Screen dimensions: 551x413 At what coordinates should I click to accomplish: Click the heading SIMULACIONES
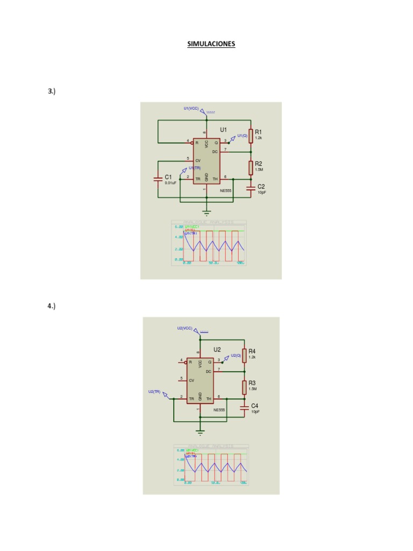click(211, 44)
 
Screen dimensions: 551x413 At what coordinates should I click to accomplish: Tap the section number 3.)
click(52, 91)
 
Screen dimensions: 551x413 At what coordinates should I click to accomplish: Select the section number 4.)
click(52, 306)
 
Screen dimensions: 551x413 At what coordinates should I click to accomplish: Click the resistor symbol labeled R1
click(251, 136)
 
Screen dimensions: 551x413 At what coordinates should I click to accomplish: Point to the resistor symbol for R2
click(251, 168)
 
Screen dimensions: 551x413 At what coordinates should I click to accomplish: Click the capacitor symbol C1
click(158, 179)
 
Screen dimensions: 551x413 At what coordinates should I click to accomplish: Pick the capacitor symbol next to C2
click(251, 188)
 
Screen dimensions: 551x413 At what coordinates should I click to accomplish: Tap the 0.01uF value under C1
click(170, 183)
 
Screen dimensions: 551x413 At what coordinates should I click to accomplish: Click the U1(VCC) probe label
click(191, 108)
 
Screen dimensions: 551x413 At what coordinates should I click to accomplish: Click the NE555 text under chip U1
click(225, 190)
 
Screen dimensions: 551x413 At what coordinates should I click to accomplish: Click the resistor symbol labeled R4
click(244, 355)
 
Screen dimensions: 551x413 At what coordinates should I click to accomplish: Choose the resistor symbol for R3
click(244, 387)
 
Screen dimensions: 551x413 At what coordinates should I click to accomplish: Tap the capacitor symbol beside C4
click(244, 407)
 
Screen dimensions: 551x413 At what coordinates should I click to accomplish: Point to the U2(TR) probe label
click(154, 392)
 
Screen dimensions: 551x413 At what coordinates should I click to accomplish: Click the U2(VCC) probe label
click(184, 328)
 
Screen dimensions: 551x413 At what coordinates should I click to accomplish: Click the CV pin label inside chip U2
click(191, 380)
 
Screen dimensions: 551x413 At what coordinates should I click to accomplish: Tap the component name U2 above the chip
click(217, 349)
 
